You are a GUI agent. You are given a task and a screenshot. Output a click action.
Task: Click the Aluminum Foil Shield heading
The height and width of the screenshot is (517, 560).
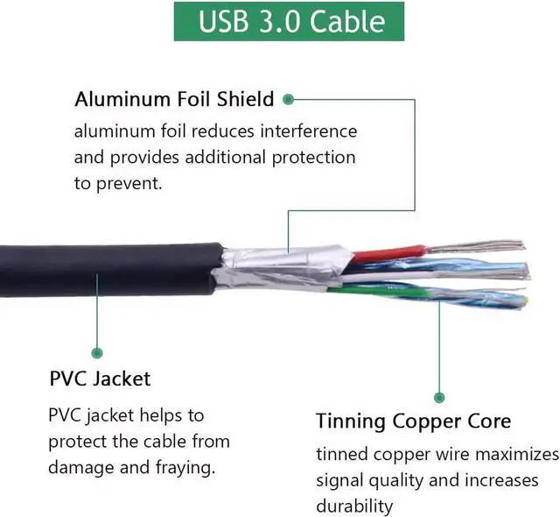tap(174, 99)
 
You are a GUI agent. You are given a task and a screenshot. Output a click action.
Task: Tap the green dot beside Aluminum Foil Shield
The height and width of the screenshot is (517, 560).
tap(288, 99)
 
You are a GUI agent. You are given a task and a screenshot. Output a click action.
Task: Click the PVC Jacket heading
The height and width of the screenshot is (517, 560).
tap(100, 379)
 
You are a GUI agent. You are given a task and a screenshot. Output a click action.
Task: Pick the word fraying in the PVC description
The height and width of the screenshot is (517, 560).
tap(184, 467)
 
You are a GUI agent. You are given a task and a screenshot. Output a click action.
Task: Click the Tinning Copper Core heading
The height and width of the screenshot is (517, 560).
tap(414, 421)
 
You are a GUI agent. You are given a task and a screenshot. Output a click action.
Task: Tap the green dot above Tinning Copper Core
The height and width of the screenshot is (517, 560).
tap(439, 397)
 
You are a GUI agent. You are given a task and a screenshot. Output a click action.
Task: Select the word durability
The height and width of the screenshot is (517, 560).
tap(354, 506)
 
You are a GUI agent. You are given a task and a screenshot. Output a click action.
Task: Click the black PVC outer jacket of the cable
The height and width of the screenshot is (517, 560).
tap(105, 269)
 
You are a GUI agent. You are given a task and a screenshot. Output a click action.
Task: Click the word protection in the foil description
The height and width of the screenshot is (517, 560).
tap(306, 158)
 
